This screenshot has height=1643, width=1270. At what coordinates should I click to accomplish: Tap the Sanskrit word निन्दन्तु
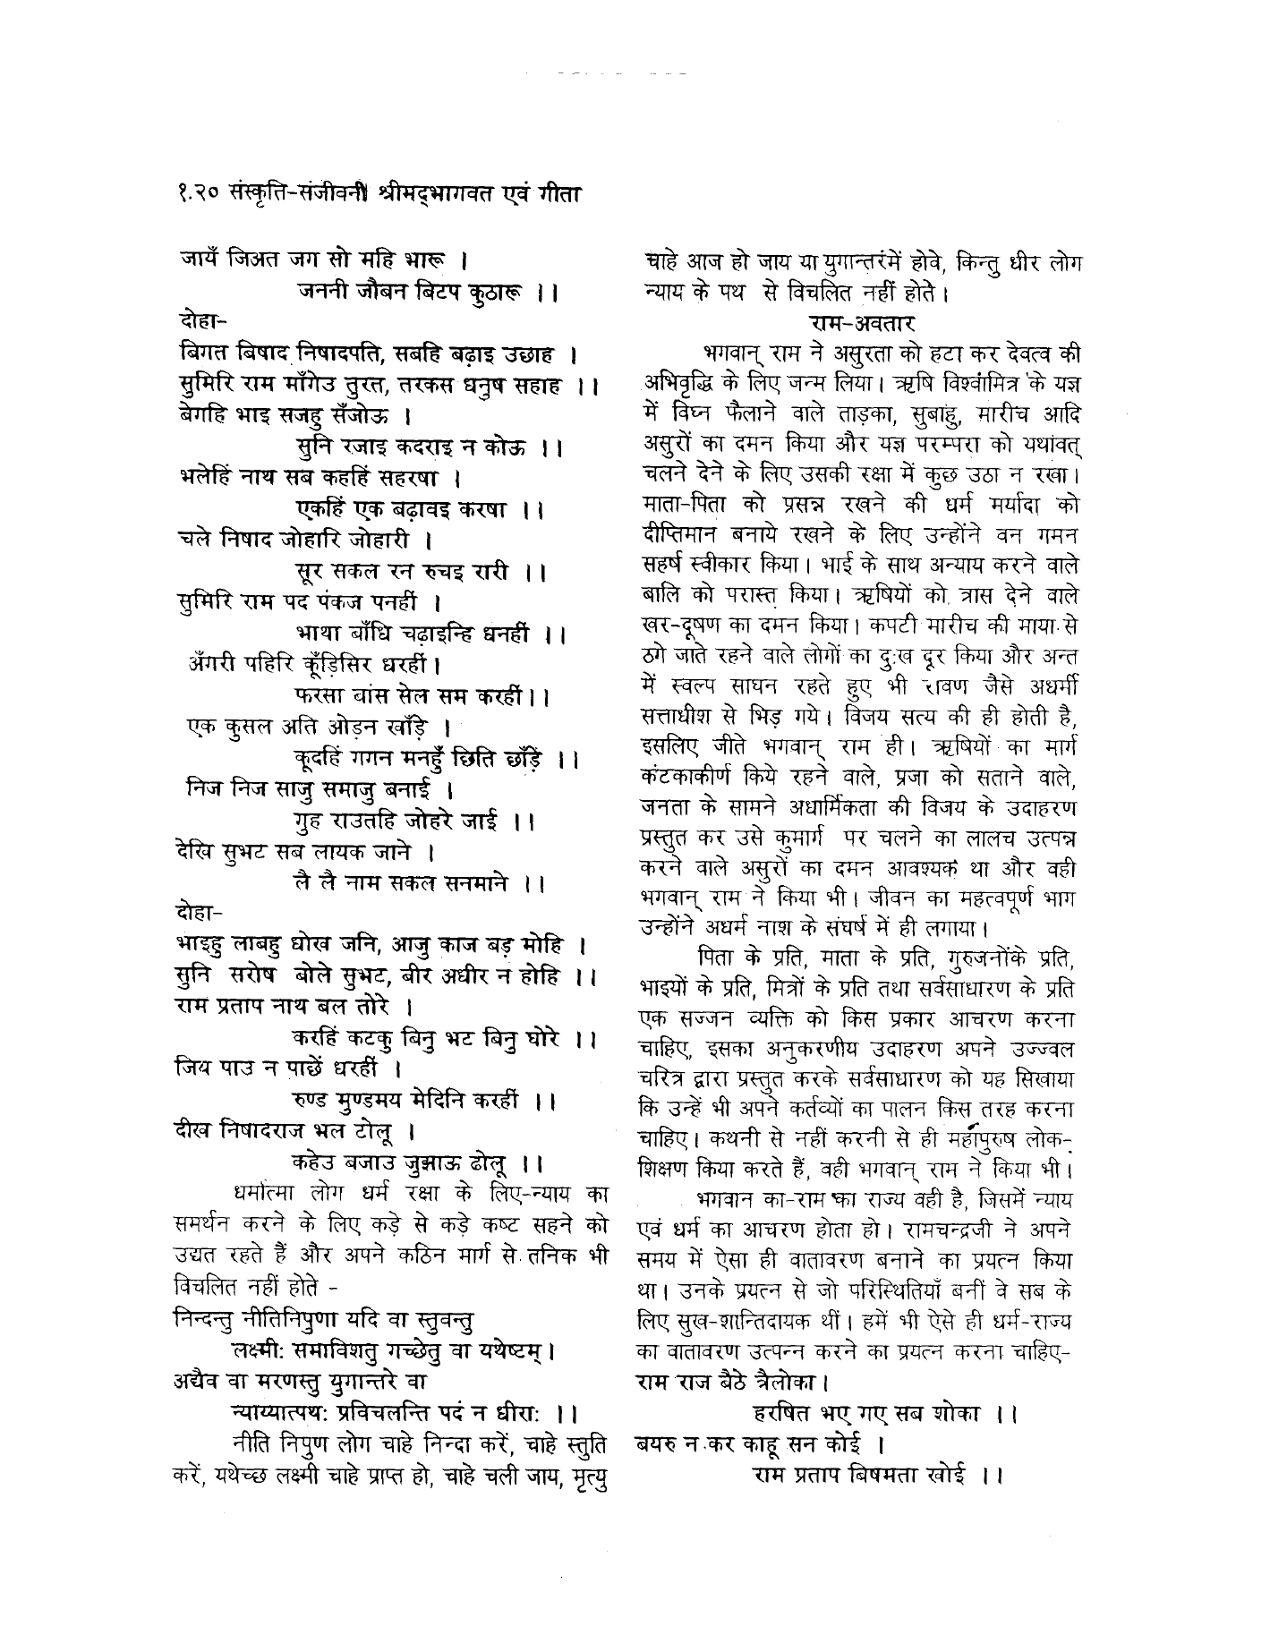(x=203, y=1316)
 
